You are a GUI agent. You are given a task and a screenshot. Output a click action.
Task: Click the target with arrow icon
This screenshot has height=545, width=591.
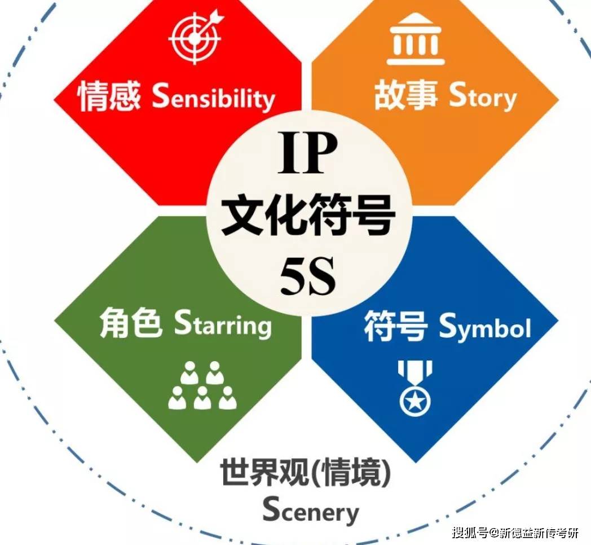195,37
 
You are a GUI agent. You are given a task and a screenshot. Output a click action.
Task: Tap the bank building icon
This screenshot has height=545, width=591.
416,39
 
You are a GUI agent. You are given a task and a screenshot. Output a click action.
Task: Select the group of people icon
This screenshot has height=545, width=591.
202,385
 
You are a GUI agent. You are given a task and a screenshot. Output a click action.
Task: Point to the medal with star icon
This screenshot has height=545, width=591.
414,388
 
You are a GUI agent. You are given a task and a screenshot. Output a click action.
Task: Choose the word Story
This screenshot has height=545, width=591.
483,96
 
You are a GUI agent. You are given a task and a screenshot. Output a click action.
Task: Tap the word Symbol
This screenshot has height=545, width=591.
486,327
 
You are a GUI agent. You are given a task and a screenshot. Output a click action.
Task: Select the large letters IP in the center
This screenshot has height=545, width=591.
307,152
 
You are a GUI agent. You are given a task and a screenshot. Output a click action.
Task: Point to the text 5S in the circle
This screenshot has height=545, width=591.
307,276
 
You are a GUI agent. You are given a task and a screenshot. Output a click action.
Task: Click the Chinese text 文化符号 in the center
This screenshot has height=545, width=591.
307,214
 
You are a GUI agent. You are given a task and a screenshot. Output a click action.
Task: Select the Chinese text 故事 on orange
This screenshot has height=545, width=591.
406,94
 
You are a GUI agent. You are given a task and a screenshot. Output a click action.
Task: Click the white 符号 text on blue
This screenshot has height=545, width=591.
396,326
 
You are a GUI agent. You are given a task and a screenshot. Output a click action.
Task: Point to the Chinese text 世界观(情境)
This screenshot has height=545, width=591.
306,472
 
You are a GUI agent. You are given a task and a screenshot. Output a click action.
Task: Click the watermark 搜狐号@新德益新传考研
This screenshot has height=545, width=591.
515,533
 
